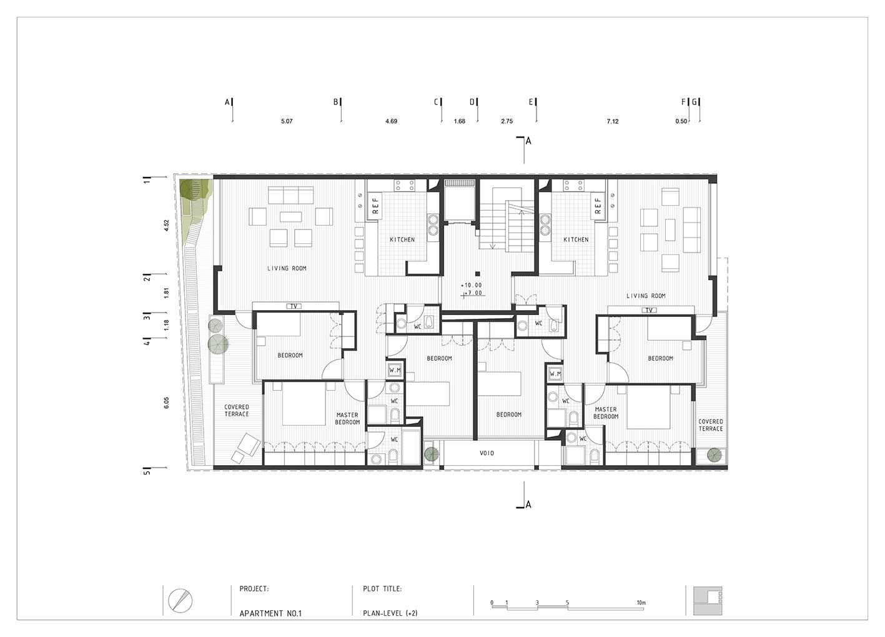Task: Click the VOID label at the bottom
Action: pyautogui.click(x=487, y=453)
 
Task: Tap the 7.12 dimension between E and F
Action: pyautogui.click(x=613, y=121)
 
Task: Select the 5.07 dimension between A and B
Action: pyautogui.click(x=287, y=121)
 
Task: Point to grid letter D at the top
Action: pyautogui.click(x=472, y=102)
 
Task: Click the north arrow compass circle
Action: pyautogui.click(x=180, y=601)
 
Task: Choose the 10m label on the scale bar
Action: pyautogui.click(x=641, y=603)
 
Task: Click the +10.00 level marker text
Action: pyautogui.click(x=472, y=285)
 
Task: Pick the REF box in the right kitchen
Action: pyautogui.click(x=598, y=206)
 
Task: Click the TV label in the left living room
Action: pyautogui.click(x=294, y=306)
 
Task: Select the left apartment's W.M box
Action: pyautogui.click(x=395, y=371)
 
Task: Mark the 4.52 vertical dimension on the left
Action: pyautogui.click(x=166, y=226)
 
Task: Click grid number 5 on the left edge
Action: pyautogui.click(x=147, y=472)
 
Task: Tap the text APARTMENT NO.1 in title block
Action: pyautogui.click(x=270, y=613)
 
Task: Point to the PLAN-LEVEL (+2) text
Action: pyautogui.click(x=390, y=613)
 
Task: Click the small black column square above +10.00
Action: pyautogui.click(x=477, y=274)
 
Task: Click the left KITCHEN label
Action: pyautogui.click(x=402, y=239)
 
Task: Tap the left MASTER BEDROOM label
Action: pyautogui.click(x=347, y=419)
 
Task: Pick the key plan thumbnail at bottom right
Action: pyautogui.click(x=708, y=601)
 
